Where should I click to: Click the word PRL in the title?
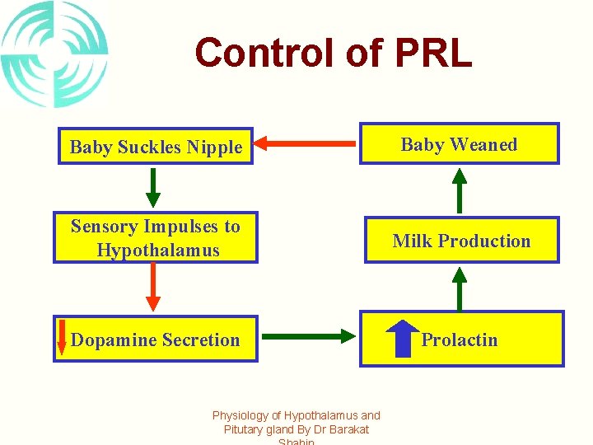433,53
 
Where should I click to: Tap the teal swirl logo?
54,54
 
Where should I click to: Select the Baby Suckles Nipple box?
156,147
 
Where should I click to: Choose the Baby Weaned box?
459,144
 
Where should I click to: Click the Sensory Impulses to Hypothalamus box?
156,238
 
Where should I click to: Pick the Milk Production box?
461,241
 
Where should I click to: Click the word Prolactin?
460,340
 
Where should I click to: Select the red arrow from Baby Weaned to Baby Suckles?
306,144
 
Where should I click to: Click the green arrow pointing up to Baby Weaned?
460,190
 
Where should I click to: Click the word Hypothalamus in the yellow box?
158,250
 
